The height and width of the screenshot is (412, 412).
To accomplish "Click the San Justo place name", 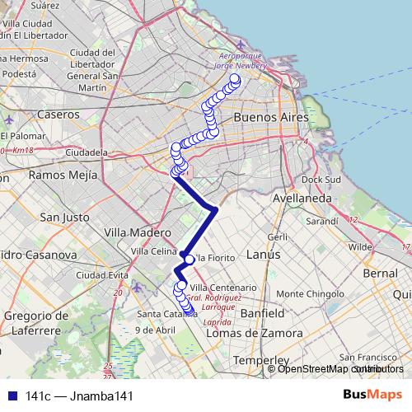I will tap(63, 218).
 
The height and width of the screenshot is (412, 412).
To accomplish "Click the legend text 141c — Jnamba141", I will tap(79, 396).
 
